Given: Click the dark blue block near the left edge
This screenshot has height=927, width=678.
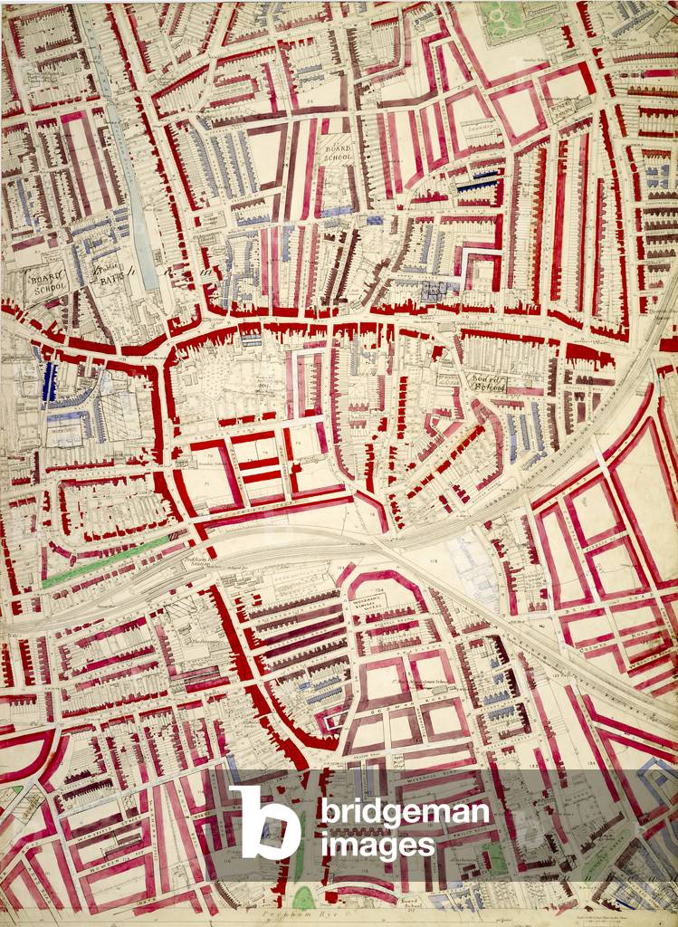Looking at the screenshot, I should coord(49,381).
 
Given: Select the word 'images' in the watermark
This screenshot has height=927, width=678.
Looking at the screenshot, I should coord(376,846).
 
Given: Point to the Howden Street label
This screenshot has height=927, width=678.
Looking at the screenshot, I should coord(91,866).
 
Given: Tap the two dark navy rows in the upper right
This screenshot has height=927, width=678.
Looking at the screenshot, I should coord(476,182).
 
